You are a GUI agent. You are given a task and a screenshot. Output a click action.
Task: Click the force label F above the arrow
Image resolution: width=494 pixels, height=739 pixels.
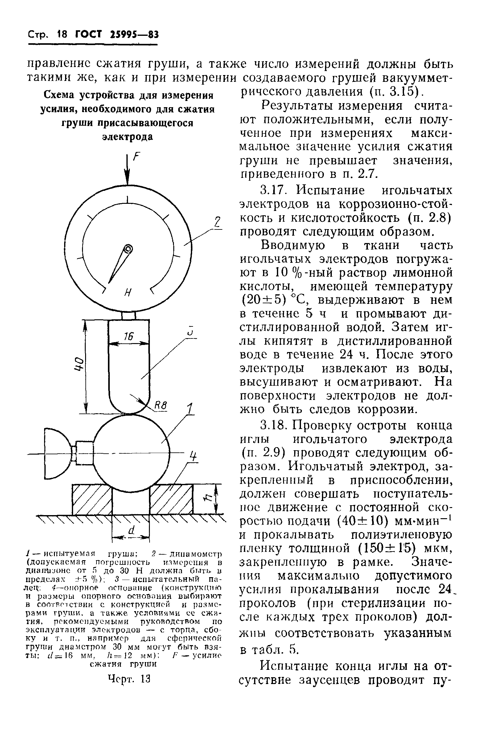click(136, 157)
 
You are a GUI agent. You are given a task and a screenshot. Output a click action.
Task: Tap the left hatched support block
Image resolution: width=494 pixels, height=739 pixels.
click(92, 499)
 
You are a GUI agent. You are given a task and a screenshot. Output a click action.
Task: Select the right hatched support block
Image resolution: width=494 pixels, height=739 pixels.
click(171, 499)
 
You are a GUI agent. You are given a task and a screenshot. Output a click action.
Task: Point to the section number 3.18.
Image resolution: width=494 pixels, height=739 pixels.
click(273, 426)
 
